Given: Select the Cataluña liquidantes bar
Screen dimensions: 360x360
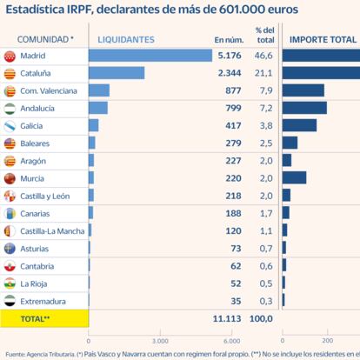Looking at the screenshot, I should tap(117, 73).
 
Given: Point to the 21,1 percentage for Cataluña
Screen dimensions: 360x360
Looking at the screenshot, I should tap(264, 73).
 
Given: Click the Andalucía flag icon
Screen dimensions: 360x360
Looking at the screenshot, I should tap(10, 109).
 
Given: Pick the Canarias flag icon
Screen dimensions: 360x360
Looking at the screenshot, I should tap(10, 213).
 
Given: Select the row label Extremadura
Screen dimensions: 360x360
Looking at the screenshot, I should tap(43, 301).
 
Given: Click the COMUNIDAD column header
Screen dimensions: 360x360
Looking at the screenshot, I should tap(43, 39).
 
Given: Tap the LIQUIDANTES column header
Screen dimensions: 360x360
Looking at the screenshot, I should tap(126, 39).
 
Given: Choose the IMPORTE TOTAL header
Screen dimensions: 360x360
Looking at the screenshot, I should tap(322, 39).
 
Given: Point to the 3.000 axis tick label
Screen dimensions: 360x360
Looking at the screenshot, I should tap(158, 340).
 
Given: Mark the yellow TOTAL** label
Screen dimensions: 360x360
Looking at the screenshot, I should tap(35, 320).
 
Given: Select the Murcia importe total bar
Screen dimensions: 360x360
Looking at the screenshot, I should tap(295, 178).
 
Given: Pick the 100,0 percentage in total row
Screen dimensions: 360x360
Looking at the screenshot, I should tap(261, 320).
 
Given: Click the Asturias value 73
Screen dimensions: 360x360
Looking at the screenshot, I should tap(234, 249).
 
